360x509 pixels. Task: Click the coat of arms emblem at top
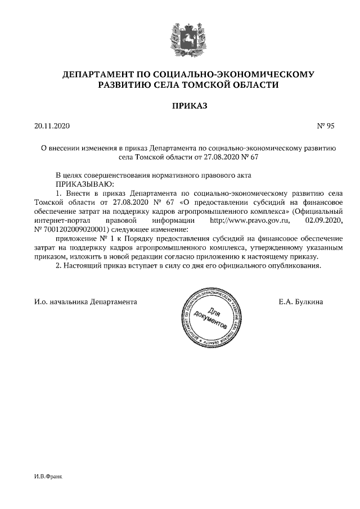181,35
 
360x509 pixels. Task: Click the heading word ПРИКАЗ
181,105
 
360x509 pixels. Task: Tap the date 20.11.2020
51,126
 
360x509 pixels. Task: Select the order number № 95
326,126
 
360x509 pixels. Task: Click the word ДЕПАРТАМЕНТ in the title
98,74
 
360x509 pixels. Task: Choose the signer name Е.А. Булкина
300,302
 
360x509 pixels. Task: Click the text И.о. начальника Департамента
85,302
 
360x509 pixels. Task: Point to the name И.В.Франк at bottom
48,476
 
